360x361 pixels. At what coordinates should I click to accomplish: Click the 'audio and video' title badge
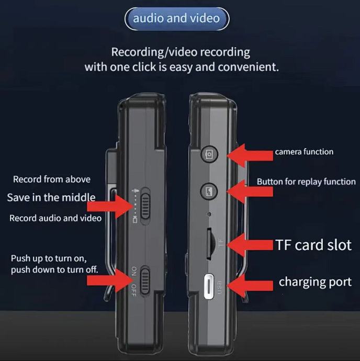pyautogui.click(x=176, y=19)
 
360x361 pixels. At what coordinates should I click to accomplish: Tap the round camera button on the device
pyautogui.click(x=208, y=154)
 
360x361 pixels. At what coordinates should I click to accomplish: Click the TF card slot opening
pyautogui.click(x=209, y=244)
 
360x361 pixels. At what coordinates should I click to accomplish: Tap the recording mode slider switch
pyautogui.click(x=145, y=205)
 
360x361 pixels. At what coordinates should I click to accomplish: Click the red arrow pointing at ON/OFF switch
pyautogui.click(x=108, y=280)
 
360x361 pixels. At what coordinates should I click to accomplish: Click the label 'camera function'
pyautogui.click(x=304, y=152)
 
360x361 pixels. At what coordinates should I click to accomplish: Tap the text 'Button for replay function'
pyautogui.click(x=306, y=182)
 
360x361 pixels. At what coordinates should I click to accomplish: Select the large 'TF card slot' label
pyautogui.click(x=313, y=245)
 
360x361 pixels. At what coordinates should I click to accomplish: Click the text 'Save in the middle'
pyautogui.click(x=51, y=197)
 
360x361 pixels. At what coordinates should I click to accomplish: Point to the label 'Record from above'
pyautogui.click(x=52, y=179)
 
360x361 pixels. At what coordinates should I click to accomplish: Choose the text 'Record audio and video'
pyautogui.click(x=55, y=218)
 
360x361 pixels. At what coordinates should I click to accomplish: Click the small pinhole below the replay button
pyautogui.click(x=208, y=213)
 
